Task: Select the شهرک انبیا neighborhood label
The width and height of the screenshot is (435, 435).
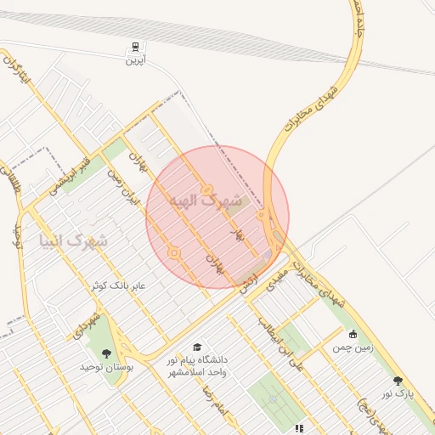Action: [x=74, y=240]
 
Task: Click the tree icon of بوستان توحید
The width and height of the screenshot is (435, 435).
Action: [x=106, y=353]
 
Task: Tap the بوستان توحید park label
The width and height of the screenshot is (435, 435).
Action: [x=103, y=367]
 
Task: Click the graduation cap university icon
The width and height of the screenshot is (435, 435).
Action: [x=198, y=347]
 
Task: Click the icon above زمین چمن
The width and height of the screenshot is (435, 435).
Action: [x=353, y=334]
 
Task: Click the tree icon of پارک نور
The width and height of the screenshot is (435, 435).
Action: [x=398, y=380]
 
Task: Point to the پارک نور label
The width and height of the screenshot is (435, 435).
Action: [x=398, y=393]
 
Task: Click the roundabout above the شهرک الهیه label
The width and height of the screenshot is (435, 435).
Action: [x=206, y=189]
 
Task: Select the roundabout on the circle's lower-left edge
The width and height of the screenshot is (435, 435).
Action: [x=174, y=252]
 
